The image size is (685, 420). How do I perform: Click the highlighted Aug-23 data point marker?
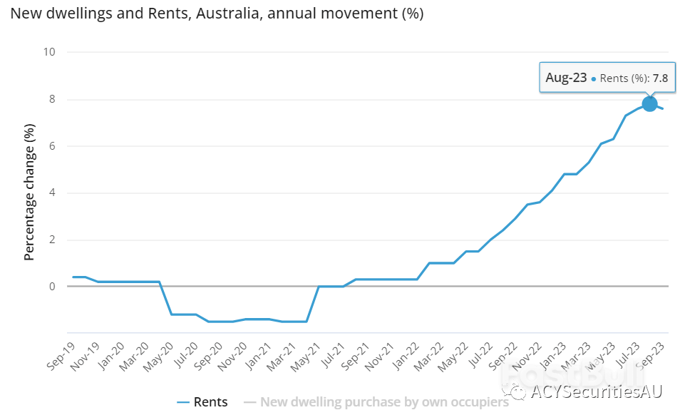pos(649,103)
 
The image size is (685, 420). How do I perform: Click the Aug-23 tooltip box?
pos(607,78)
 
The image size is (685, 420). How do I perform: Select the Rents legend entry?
pos(202,402)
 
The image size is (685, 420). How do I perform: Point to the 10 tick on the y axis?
pos(50,52)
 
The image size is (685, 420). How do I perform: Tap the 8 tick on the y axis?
pos(52,99)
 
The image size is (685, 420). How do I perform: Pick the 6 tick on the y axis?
pos(52,146)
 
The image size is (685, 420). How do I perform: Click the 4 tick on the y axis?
pos(52,193)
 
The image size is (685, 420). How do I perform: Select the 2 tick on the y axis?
pos(52,240)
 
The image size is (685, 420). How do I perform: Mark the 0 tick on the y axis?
pos(52,287)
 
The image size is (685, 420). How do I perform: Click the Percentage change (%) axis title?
pos(29,193)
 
